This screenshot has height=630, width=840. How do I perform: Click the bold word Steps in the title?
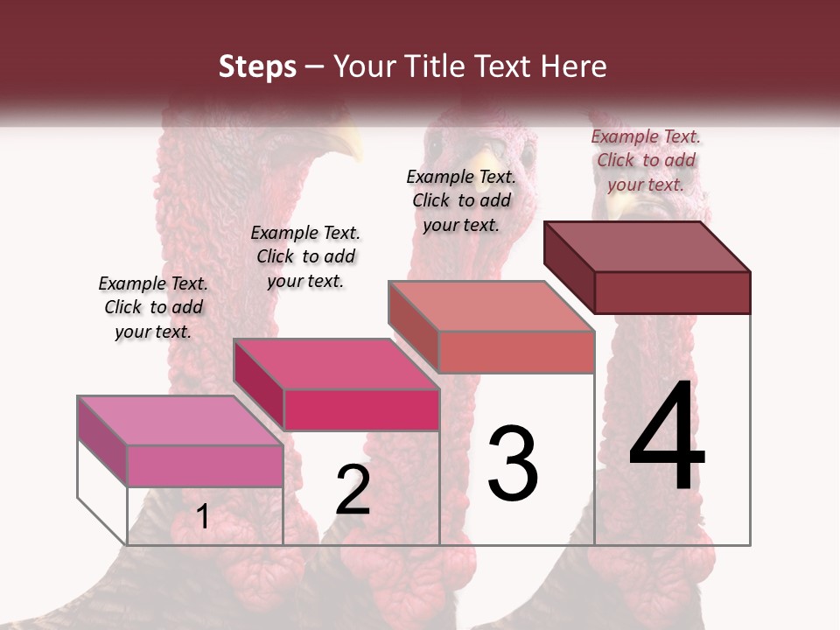[257, 66]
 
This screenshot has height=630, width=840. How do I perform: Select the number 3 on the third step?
[513, 464]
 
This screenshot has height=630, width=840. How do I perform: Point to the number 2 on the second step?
[353, 490]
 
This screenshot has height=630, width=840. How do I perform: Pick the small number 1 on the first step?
[203, 516]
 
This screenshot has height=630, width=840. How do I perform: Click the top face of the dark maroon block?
[647, 247]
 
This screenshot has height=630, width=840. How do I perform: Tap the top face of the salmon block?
[492, 307]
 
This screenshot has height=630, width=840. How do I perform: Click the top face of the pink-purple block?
[180, 421]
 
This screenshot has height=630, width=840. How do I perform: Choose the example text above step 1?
[153, 307]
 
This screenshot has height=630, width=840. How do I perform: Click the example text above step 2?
[305, 256]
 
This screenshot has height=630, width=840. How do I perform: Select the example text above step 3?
[461, 200]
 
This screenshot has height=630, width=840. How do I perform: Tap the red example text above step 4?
[646, 160]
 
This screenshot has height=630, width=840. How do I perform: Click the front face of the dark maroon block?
[672, 292]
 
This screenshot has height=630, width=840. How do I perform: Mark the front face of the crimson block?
[360, 409]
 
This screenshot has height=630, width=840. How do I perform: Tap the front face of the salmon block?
[516, 352]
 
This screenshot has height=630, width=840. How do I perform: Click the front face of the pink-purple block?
[205, 465]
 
